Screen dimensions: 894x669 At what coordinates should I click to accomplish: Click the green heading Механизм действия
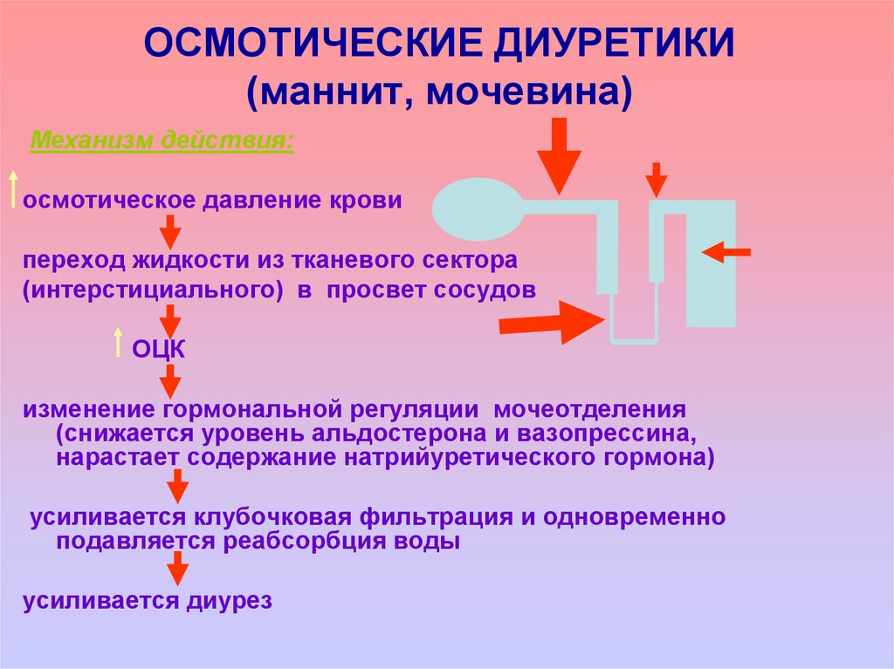coord(162,140)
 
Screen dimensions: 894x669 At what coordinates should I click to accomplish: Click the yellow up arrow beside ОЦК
coord(117,343)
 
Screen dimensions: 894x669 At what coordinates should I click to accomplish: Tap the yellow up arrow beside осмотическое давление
coord(13,189)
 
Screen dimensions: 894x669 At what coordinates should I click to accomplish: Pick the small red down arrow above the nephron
coord(656,179)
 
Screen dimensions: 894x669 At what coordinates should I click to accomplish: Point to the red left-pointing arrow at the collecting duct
coord(726,252)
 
